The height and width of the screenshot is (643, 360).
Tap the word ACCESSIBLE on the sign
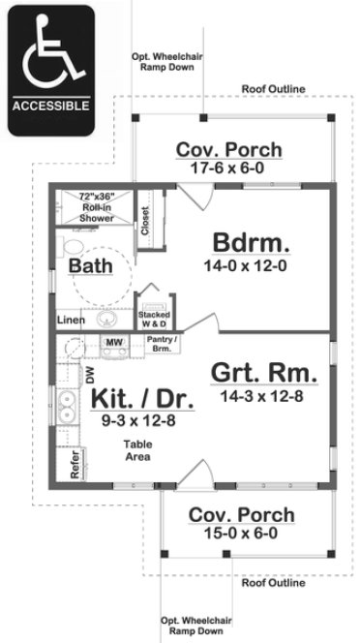[51, 105]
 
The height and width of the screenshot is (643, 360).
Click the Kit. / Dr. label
[141, 397]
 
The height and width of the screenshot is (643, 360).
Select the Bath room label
[89, 264]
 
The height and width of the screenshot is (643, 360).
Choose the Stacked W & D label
[155, 320]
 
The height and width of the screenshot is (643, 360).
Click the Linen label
[69, 319]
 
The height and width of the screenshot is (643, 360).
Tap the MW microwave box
[113, 343]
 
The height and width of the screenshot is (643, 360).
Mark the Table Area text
[135, 450]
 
